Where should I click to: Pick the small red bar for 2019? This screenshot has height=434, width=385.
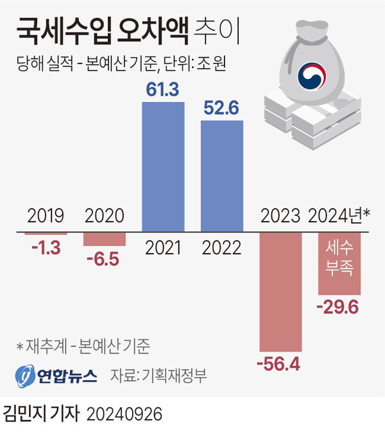pos(46,234)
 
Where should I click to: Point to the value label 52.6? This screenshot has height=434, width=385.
pos(221,108)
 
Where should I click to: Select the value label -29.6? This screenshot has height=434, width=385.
pos(338,308)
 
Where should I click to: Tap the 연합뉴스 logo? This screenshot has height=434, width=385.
pos(57,376)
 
